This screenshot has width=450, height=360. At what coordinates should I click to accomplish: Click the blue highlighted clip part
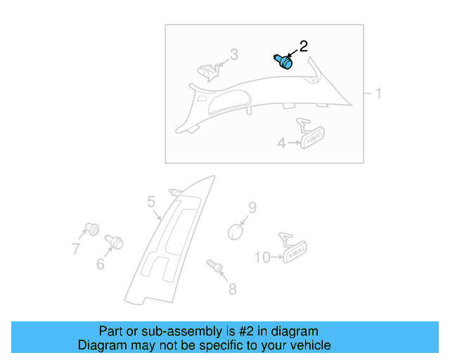283,62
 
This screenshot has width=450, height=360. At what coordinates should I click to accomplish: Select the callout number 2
303,46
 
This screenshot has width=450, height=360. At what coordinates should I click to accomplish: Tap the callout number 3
234,54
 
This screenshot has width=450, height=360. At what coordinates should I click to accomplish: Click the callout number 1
378,94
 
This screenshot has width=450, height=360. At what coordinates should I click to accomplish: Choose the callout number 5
151,202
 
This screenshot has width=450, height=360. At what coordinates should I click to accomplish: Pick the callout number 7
76,248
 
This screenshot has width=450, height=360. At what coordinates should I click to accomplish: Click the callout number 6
101,264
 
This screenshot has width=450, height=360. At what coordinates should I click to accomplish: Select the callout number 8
232,289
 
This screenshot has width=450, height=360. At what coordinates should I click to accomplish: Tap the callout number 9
252,207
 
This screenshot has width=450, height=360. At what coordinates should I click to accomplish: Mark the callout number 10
262,258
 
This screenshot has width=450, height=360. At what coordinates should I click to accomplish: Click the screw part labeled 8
215,266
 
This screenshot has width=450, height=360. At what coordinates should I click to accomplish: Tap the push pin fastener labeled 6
114,242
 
